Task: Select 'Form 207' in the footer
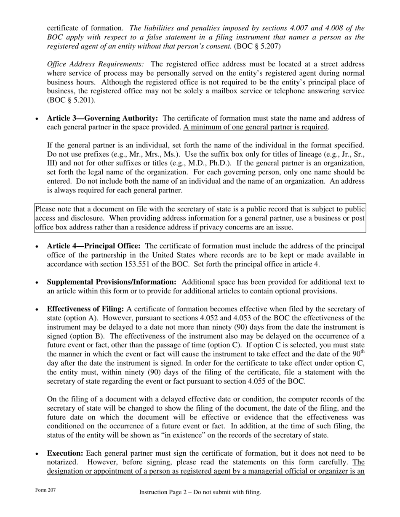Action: (x=45, y=491)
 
